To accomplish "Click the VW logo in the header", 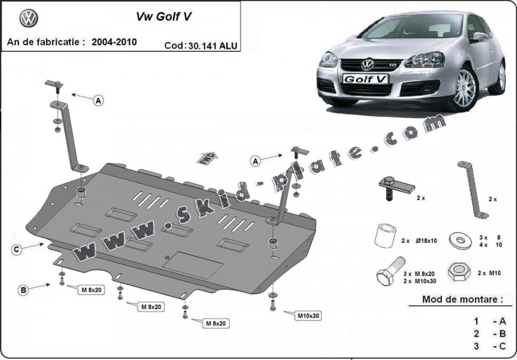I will click(x=29, y=18).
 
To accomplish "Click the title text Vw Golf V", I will click(x=165, y=17).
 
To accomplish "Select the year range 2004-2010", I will click(x=114, y=42).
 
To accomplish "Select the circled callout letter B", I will click(x=23, y=290).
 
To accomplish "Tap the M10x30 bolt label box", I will click(x=308, y=316).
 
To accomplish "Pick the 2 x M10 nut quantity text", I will click(x=489, y=273).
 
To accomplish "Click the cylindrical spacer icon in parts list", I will click(x=385, y=236).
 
